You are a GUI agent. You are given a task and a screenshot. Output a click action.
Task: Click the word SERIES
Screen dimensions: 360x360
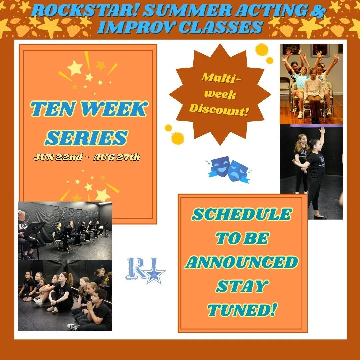point(86,138)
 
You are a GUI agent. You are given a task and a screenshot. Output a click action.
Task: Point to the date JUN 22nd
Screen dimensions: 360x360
point(58,157)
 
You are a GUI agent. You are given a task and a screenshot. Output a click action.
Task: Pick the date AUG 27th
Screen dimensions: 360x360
point(116,157)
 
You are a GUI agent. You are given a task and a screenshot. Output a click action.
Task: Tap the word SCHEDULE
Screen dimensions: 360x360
point(242,214)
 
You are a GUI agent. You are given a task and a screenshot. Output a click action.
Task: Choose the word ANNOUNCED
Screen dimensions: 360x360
point(242,262)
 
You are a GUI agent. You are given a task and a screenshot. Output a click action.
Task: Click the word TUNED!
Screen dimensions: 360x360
point(242,310)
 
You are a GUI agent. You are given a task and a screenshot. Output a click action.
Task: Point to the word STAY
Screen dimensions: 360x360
point(242,286)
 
